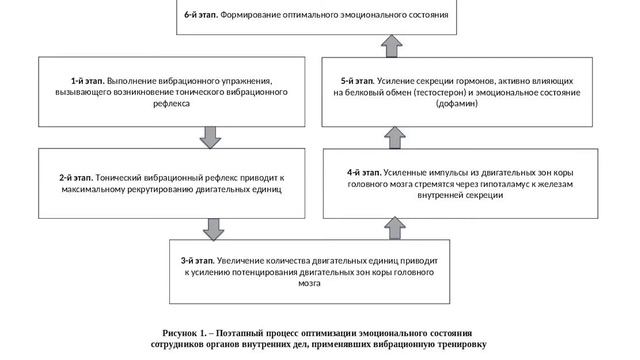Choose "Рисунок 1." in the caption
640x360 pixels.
(x=187, y=332)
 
